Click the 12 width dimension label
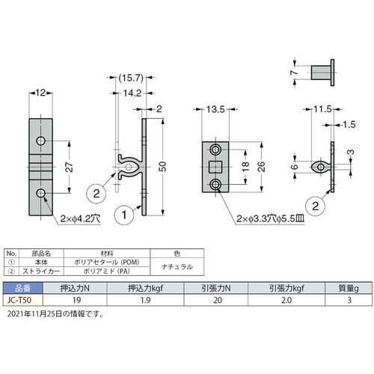[40, 93]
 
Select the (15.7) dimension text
[131, 78]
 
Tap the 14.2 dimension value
[132, 93]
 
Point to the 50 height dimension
[162, 167]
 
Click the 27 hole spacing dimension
[70, 167]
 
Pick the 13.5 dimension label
[215, 109]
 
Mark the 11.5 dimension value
[322, 109]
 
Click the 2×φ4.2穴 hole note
[80, 218]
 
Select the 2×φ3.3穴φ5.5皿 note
[271, 218]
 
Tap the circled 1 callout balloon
[124, 215]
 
